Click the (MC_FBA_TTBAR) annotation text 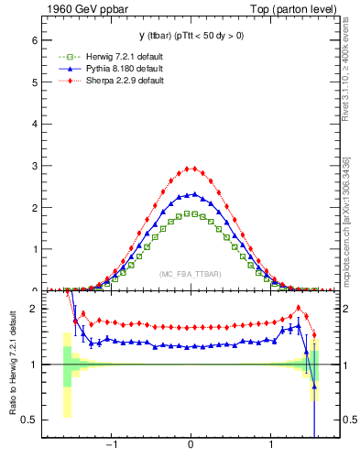pyautogui.click(x=190, y=274)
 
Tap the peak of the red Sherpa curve pyautogui.click(x=190, y=169)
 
